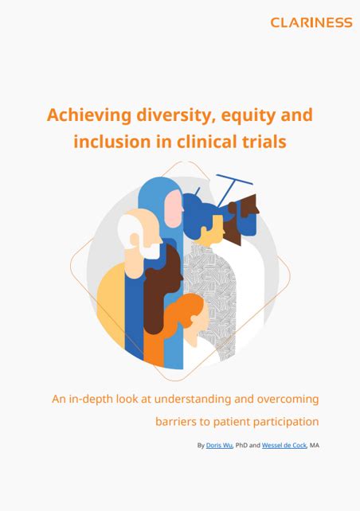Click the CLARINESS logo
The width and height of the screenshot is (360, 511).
click(x=311, y=22)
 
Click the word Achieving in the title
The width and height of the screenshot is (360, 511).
click(x=89, y=115)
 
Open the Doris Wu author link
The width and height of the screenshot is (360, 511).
click(x=219, y=445)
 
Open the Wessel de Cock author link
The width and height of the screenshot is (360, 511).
click(x=284, y=445)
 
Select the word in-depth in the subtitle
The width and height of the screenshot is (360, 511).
click(x=86, y=400)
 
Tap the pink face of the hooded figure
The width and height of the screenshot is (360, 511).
click(x=173, y=209)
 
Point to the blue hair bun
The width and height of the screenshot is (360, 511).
click(x=191, y=202)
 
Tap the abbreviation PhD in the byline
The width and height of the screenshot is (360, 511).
click(x=241, y=445)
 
